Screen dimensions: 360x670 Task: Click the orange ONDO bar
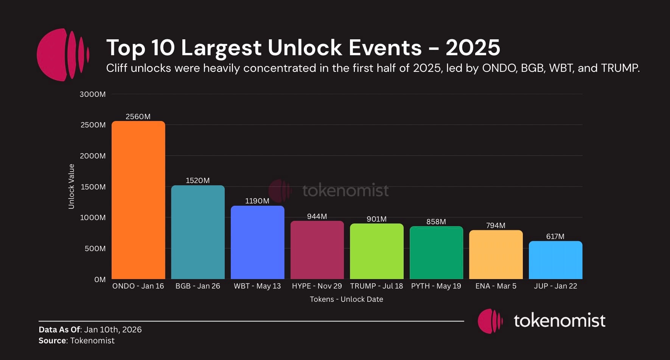[x=138, y=200]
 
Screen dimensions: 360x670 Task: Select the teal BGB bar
[x=197, y=232]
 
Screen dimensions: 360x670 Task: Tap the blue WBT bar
[x=257, y=242]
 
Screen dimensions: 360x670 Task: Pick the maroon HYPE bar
[x=317, y=250]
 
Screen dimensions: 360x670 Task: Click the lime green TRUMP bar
[x=376, y=251]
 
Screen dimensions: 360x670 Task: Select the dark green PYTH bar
[x=436, y=253]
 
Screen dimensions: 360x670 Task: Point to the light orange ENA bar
[x=496, y=254]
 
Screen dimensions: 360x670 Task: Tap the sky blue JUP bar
[x=555, y=260]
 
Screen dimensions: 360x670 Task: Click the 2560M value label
[x=138, y=116]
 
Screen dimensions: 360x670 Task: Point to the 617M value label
[x=555, y=236]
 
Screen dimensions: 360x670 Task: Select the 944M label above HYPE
[x=317, y=216]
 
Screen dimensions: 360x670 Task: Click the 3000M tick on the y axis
[x=93, y=94]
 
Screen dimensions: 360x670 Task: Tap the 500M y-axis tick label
[x=95, y=248]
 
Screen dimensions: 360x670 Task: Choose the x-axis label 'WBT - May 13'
[x=257, y=286]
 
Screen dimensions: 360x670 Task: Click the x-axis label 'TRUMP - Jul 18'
[x=376, y=286]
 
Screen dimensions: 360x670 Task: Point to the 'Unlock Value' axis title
[x=71, y=186]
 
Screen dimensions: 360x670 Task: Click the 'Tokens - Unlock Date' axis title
[x=346, y=299]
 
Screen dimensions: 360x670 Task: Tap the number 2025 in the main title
[x=473, y=48]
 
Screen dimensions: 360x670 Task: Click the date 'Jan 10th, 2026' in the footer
[x=113, y=329]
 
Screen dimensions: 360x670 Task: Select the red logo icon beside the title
[x=63, y=55]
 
